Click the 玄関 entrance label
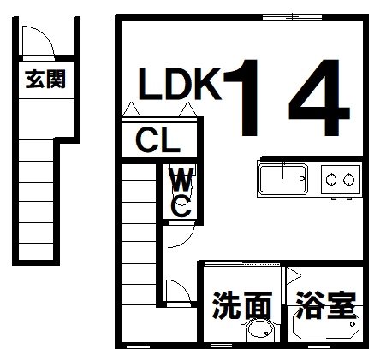click(45, 79)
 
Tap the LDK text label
click(180, 84)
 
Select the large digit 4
click(319, 97)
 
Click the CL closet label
click(157, 140)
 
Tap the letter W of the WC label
click(181, 180)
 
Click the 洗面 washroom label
click(241, 305)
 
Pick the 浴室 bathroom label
click(325, 305)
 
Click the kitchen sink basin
click(282, 179)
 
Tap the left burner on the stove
click(331, 180)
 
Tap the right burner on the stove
click(348, 180)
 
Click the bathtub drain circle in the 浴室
click(353, 324)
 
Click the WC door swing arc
click(187, 239)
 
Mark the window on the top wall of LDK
click(292, 17)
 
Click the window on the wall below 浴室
click(319, 346)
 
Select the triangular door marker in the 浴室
click(294, 275)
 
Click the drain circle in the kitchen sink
click(301, 179)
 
